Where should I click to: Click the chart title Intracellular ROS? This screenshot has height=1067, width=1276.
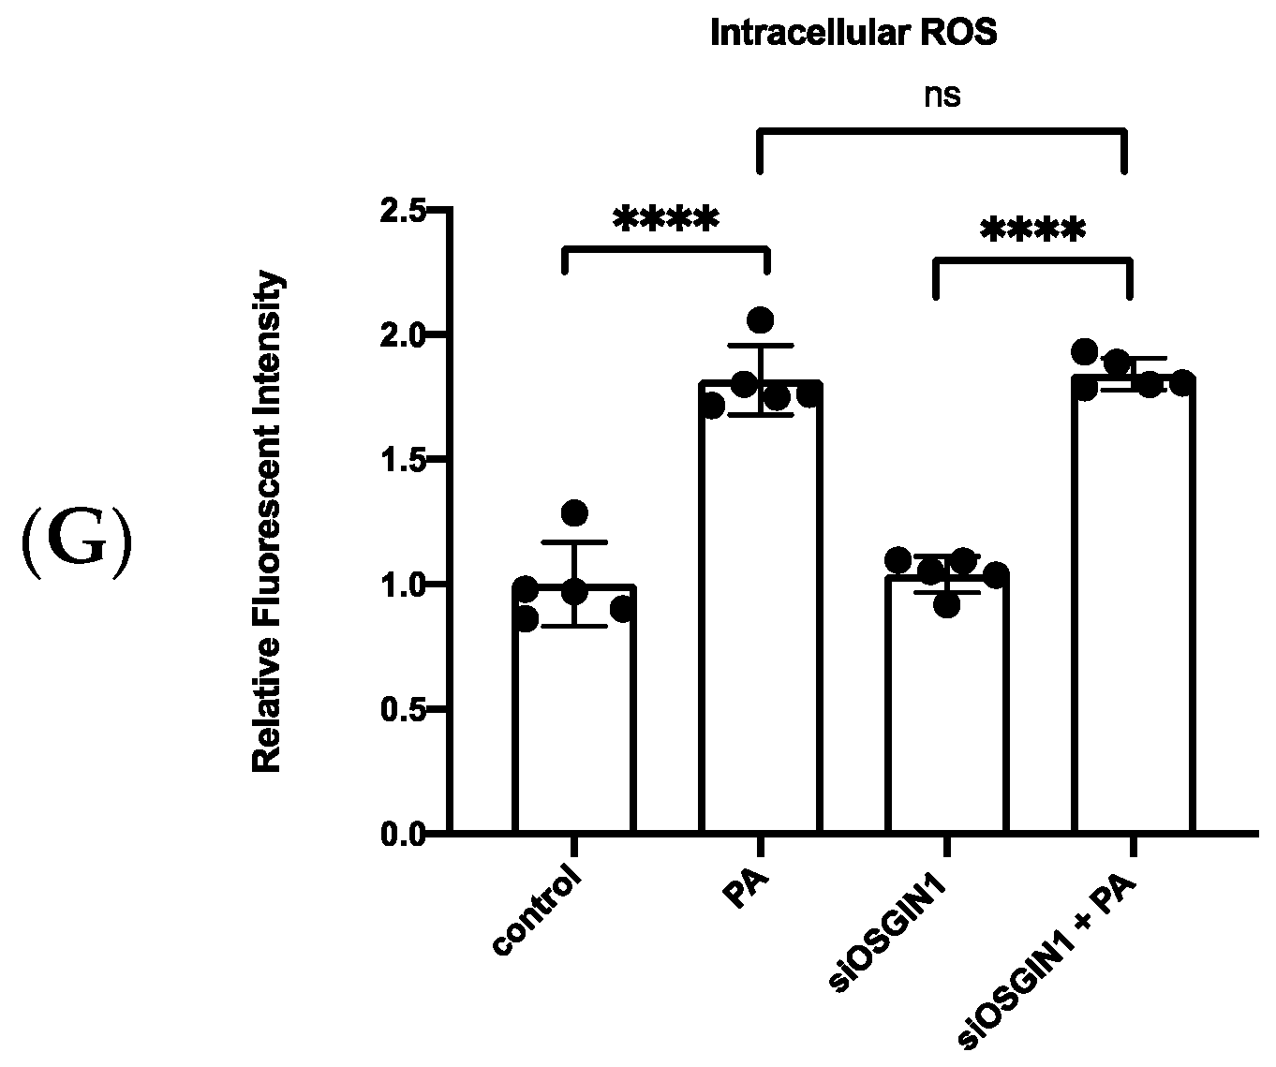pos(853,35)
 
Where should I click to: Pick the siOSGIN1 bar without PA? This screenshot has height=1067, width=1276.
pos(946,712)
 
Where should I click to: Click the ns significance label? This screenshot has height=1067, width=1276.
pos(942,96)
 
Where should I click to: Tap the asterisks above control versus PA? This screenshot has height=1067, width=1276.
pos(666,220)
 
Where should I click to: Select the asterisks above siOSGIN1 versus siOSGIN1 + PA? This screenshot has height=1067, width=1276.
pos(1033,230)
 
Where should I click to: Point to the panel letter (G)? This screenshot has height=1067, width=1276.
pos(76,546)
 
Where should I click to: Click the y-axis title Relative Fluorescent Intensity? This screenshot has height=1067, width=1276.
pos(268,523)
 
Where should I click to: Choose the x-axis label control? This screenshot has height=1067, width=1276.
pos(538,913)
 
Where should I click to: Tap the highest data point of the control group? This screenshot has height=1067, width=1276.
pos(574,513)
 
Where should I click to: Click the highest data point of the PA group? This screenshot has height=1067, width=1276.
pos(760,320)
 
